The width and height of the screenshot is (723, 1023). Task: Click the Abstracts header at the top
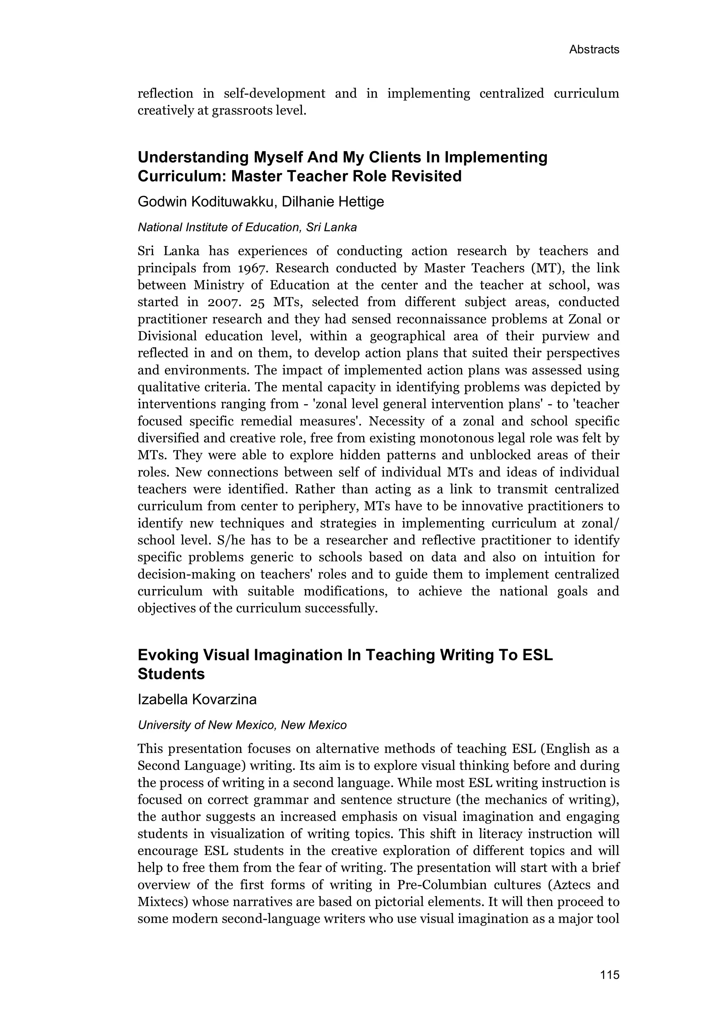(594, 49)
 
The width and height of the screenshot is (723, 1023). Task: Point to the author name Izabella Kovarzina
(197, 700)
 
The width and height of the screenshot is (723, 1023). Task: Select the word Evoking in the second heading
(167, 655)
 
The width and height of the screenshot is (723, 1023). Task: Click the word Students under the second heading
(171, 674)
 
